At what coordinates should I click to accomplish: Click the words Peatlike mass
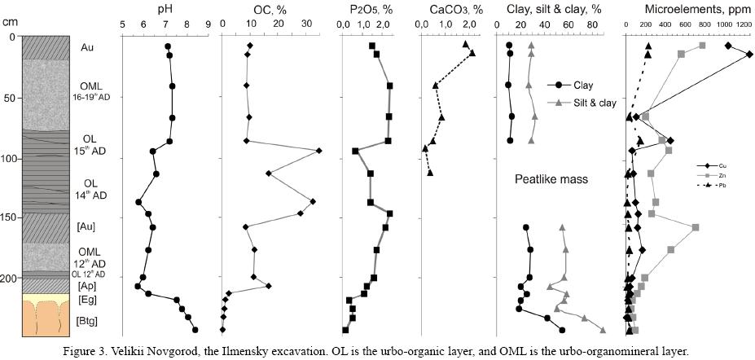pos(551,178)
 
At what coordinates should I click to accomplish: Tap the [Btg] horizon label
pos(87,322)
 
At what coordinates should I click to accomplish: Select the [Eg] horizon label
pos(87,300)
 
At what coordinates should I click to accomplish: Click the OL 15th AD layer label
pos(90,144)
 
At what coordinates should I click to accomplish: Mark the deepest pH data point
pos(195,330)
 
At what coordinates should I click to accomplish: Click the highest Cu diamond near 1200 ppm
pos(749,55)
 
